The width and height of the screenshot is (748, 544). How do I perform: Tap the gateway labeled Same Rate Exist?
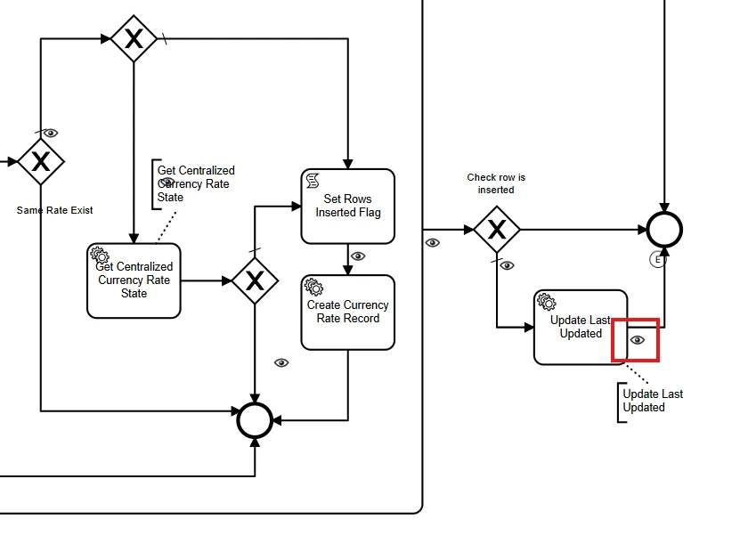(x=40, y=161)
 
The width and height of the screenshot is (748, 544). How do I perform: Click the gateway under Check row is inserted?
(x=496, y=230)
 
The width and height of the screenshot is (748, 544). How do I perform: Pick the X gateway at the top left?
(x=134, y=38)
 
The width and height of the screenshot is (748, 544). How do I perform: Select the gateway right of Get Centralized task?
(x=255, y=280)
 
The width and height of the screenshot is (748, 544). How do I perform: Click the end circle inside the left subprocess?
(x=255, y=419)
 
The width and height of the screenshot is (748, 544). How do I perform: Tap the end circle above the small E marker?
(x=664, y=230)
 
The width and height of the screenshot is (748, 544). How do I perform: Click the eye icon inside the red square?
(x=637, y=340)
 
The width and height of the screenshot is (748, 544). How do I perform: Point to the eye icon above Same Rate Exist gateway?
(x=51, y=133)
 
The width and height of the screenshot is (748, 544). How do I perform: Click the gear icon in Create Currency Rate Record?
(x=313, y=287)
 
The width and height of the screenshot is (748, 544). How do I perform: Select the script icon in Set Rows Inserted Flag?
(x=313, y=181)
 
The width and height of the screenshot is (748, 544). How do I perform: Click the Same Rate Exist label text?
(x=54, y=210)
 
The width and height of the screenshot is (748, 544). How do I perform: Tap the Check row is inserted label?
(x=496, y=183)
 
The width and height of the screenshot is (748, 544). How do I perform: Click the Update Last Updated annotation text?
(x=652, y=401)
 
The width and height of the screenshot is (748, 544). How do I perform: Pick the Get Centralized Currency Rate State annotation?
(x=195, y=183)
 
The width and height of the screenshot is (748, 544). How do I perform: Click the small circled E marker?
(x=658, y=260)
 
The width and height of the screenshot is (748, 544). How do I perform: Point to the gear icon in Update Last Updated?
(x=546, y=302)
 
